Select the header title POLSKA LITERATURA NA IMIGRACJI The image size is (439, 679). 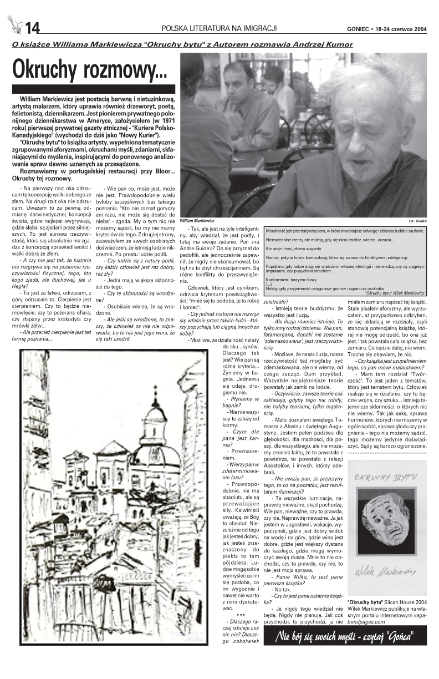click(219, 28)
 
